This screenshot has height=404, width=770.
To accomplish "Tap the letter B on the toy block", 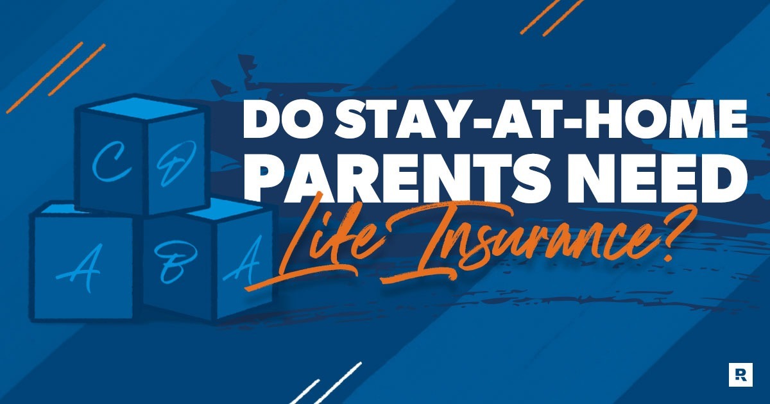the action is [175, 263].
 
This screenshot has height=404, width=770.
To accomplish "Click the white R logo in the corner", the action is [740, 374].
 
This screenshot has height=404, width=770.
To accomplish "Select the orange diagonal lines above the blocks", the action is [56, 78].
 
